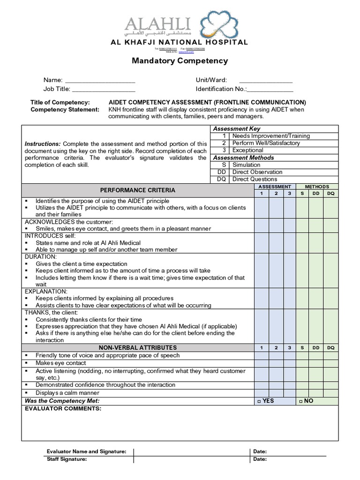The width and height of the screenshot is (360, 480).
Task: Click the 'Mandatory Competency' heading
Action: click(180, 60)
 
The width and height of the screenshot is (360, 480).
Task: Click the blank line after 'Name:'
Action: click(100, 81)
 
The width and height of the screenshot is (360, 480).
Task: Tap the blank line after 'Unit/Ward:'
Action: click(265, 81)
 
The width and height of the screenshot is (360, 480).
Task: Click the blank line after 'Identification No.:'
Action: click(270, 90)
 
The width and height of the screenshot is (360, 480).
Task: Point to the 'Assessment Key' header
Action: click(236, 128)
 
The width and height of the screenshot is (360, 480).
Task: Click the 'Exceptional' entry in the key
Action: click(247, 150)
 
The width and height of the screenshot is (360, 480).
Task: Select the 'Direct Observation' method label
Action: click(257, 172)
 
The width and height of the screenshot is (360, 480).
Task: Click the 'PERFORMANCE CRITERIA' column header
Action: click(138, 190)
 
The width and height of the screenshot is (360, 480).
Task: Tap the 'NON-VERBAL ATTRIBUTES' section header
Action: click(138, 348)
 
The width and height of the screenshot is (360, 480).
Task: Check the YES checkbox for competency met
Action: click(260, 401)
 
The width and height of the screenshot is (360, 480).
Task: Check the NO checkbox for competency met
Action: click(300, 401)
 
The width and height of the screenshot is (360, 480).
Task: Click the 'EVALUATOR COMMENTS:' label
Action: click(63, 409)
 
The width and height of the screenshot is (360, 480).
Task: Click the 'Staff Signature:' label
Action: click(67, 459)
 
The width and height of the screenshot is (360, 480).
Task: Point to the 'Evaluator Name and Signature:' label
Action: click(86, 451)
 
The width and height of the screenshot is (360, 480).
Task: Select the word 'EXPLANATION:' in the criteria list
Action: click(45, 291)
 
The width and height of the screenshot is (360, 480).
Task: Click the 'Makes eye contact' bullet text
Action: click(61, 363)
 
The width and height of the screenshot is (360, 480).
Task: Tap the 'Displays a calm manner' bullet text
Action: click(67, 393)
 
